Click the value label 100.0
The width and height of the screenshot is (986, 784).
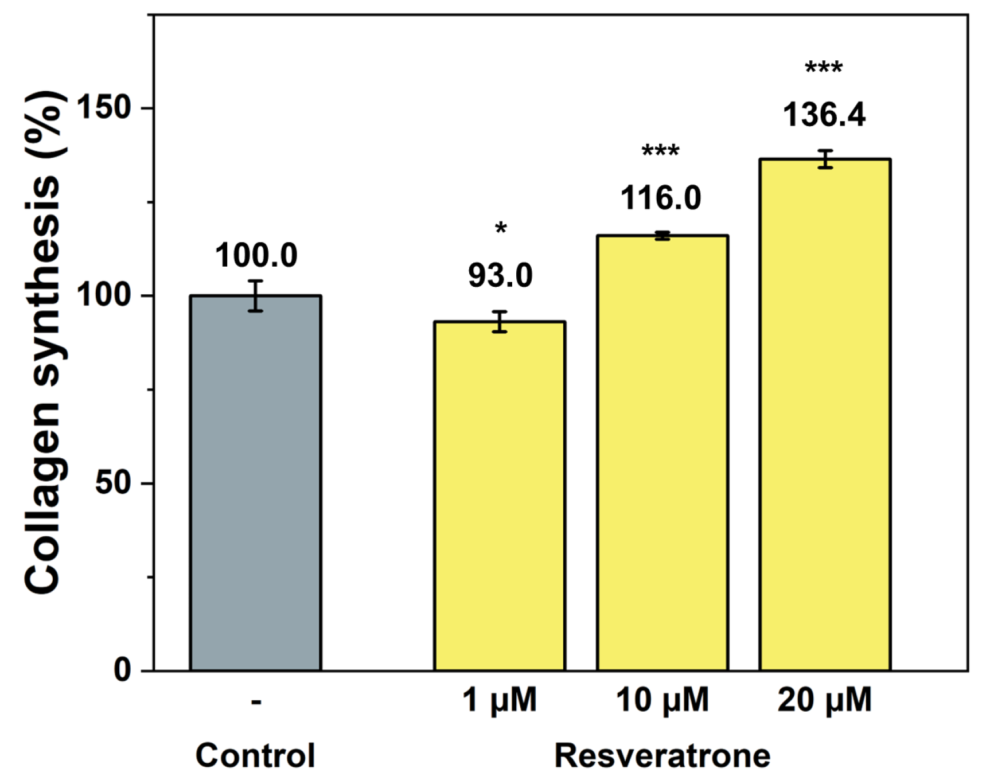tap(256, 256)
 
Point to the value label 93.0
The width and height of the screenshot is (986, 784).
tap(500, 276)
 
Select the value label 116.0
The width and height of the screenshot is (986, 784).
tap(661, 198)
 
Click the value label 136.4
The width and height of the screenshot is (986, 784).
tap(824, 115)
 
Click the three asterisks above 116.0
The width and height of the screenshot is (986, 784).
tap(661, 152)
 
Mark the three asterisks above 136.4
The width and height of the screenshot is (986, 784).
tap(824, 68)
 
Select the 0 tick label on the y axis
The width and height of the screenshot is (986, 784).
tap(123, 669)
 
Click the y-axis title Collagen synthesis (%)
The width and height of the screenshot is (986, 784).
tap(43, 342)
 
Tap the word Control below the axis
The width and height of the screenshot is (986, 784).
tap(255, 755)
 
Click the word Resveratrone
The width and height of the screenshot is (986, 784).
tap(662, 755)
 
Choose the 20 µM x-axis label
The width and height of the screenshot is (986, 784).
tap(824, 700)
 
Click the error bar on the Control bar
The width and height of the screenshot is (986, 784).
tap(255, 296)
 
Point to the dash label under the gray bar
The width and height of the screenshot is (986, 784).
tap(256, 701)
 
